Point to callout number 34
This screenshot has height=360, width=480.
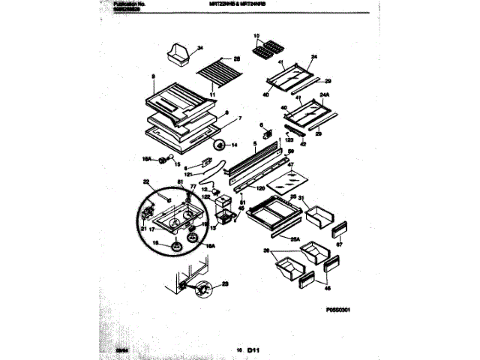200,49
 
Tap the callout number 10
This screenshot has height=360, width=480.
255,36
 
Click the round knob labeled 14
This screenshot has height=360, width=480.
219,145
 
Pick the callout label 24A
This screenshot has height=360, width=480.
325,95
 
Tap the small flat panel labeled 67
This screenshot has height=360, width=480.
339,229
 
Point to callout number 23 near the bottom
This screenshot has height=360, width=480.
226,284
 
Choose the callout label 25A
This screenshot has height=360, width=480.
296,239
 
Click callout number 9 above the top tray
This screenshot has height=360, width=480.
152,76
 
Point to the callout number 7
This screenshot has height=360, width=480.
240,118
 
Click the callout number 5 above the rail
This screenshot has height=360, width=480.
255,144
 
